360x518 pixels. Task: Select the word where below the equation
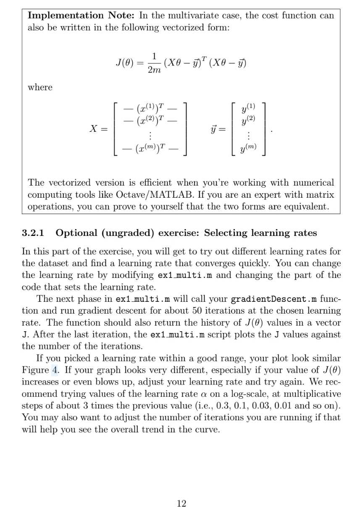(40, 88)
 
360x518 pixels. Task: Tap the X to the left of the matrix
(95, 129)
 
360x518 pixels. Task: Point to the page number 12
(181, 504)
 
